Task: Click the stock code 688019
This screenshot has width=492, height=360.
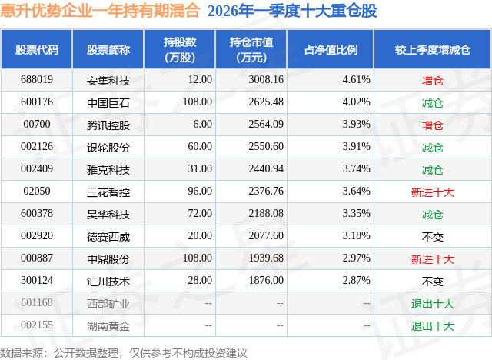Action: [37, 80]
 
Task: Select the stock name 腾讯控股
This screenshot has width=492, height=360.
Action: [108, 125]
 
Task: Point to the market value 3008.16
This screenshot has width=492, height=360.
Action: [266, 80]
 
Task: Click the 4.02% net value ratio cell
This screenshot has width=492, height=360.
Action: [356, 102]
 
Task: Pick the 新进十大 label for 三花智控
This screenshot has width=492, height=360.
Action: [433, 192]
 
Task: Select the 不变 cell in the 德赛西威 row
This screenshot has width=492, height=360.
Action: [433, 237]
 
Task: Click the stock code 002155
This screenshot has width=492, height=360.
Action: [37, 325]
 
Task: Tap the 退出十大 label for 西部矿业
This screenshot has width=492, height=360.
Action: [433, 304]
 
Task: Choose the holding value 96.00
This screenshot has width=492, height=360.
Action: [200, 191]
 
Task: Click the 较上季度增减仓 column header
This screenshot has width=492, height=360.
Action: [433, 49]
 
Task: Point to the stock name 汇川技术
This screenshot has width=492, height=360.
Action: [108, 282]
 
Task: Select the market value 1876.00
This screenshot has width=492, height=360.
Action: [266, 280]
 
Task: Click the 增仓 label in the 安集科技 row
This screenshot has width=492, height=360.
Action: [433, 81]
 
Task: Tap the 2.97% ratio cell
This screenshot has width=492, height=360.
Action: [356, 258]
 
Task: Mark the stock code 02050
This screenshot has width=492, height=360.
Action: [37, 191]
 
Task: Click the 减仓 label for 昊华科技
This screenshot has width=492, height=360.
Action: [433, 215]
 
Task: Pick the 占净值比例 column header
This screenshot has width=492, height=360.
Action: [331, 49]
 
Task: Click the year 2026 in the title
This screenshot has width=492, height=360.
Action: [222, 11]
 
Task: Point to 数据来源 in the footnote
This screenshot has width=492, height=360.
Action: [22, 353]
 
